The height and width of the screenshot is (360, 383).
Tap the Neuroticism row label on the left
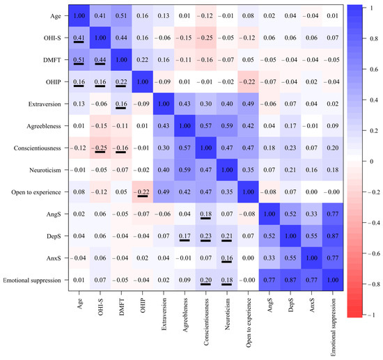click(43, 169)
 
